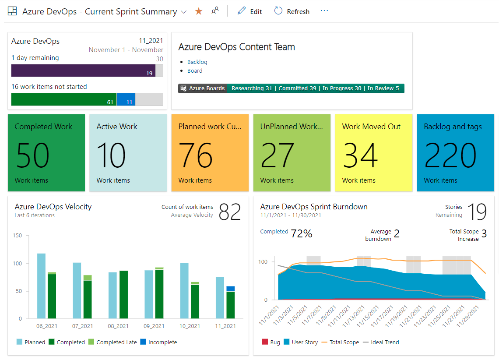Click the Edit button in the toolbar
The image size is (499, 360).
click(250, 12)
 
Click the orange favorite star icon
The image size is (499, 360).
click(199, 11)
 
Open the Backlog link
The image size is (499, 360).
click(197, 62)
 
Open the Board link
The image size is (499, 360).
click(195, 71)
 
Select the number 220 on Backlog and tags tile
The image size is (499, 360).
click(450, 155)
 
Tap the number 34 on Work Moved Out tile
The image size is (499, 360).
click(360, 155)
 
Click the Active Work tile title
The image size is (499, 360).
click(117, 127)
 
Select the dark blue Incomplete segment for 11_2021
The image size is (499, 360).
click(230, 289)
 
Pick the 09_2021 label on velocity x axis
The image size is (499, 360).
click(154, 326)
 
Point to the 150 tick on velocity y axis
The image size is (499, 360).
click(18, 236)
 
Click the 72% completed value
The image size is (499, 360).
click(301, 234)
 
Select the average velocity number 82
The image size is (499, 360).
click(230, 212)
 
